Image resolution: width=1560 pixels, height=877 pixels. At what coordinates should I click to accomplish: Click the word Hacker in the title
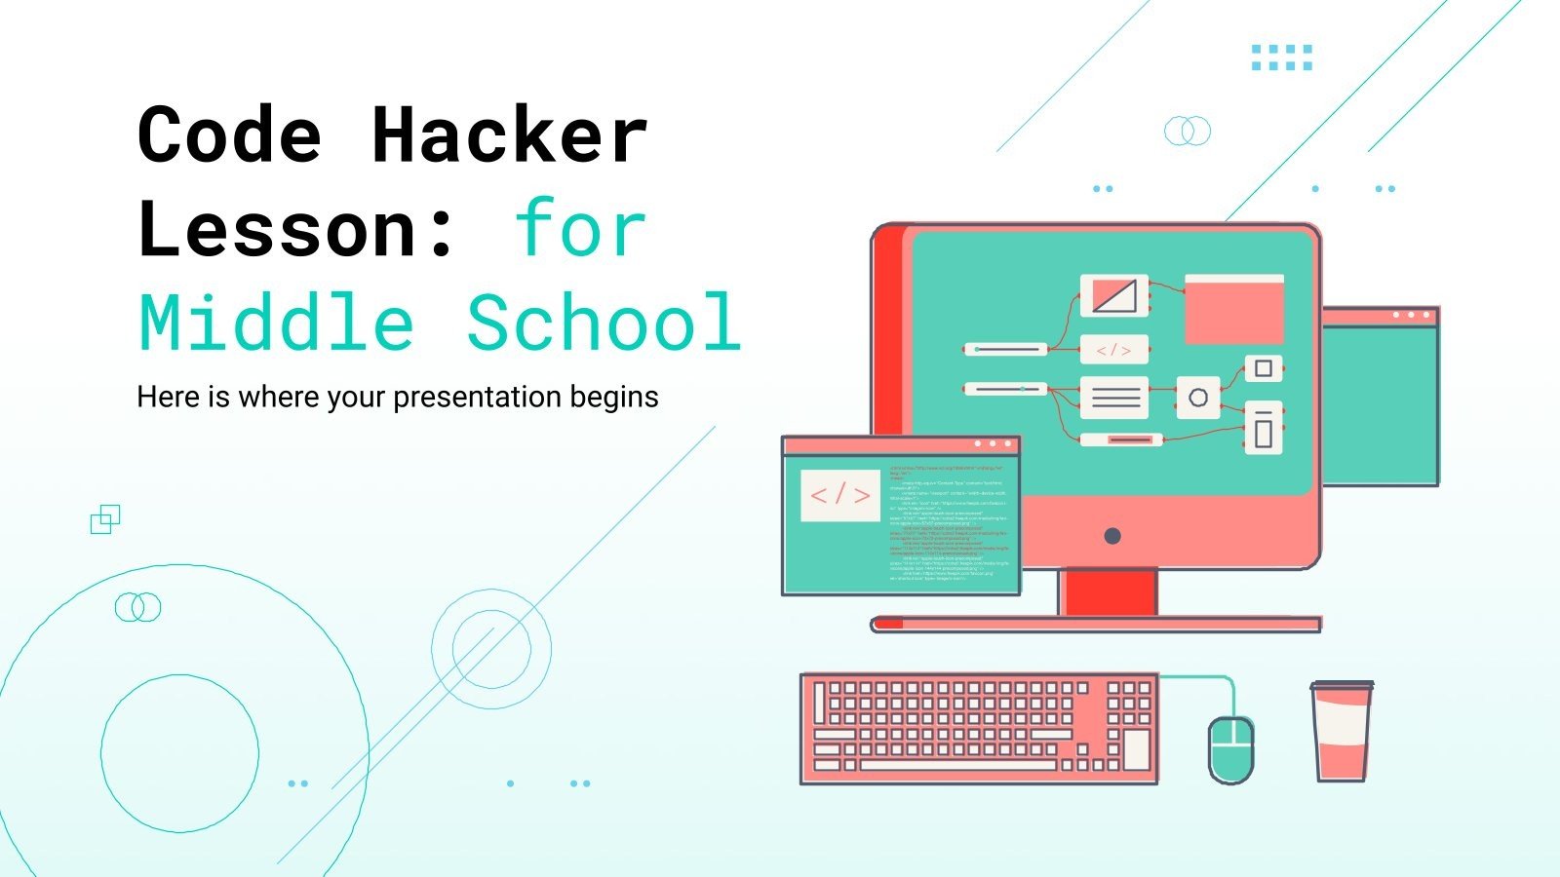click(509, 135)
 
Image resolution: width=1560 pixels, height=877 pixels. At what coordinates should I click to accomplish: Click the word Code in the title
click(230, 135)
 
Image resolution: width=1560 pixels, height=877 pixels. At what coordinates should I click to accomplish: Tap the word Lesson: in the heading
click(297, 230)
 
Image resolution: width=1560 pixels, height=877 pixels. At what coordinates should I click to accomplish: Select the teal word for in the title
click(580, 230)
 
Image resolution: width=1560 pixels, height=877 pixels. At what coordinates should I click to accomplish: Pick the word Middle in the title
click(277, 324)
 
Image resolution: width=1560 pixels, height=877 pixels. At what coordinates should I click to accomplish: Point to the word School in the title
click(604, 324)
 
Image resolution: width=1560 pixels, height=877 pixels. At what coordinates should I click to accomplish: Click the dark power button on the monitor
click(1111, 536)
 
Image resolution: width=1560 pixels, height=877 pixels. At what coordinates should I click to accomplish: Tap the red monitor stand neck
click(1108, 592)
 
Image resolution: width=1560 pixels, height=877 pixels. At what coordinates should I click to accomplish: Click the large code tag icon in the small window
click(840, 495)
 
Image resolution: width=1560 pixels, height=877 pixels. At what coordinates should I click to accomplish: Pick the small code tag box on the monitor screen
click(1113, 349)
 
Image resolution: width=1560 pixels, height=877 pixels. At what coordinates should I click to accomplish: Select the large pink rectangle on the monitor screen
click(1233, 310)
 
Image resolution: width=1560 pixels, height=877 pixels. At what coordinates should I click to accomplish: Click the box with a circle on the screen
click(1198, 398)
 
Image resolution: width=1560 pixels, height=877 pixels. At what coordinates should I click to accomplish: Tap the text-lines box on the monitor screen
click(1114, 398)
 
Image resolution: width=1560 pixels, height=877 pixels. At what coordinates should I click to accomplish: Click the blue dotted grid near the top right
click(1281, 57)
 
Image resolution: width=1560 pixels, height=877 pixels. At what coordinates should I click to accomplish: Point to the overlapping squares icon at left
click(105, 519)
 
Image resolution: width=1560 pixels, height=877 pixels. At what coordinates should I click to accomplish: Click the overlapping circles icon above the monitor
click(1187, 131)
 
